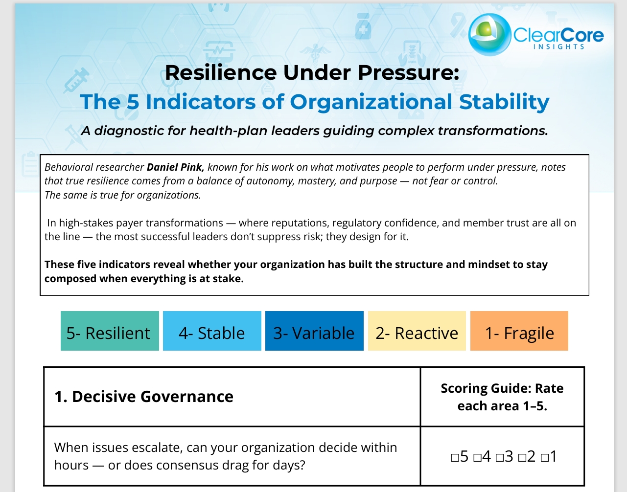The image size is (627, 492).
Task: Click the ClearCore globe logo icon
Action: click(x=489, y=35)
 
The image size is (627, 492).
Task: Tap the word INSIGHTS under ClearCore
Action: click(x=559, y=46)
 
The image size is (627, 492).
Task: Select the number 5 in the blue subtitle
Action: click(x=133, y=102)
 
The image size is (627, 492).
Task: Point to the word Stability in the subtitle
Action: click(x=504, y=102)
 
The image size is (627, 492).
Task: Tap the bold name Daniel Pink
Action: click(x=175, y=167)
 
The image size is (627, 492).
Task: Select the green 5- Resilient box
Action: click(x=110, y=331)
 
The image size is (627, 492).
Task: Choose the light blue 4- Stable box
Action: click(x=212, y=331)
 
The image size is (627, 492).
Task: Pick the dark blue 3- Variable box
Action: click(x=315, y=331)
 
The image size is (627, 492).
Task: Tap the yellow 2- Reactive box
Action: click(x=417, y=331)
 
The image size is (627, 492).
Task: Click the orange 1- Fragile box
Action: click(x=519, y=331)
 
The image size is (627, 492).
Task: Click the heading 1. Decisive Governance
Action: click(x=144, y=397)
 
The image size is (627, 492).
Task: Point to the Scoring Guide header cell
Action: click(x=502, y=397)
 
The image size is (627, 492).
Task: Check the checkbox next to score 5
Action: click(x=455, y=457)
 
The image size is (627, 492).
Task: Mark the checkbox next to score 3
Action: click(x=499, y=457)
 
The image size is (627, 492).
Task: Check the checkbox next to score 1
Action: click(x=544, y=457)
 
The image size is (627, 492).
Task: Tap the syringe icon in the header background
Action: click(x=76, y=80)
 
